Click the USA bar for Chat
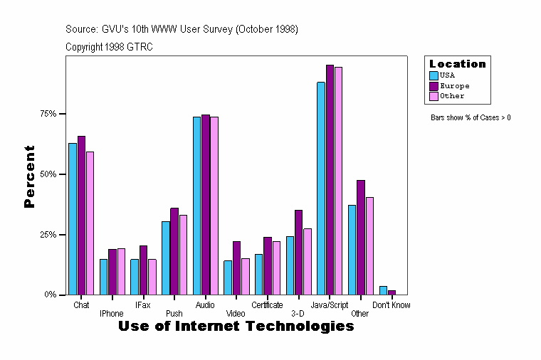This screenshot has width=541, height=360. click(x=73, y=218)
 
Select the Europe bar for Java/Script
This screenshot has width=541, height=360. click(x=330, y=179)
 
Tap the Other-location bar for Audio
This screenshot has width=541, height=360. click(x=214, y=206)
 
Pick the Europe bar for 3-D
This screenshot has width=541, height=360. click(x=298, y=252)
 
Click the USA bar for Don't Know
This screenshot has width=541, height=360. click(x=383, y=290)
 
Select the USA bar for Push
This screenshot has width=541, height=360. click(x=166, y=258)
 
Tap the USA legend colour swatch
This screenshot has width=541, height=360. click(x=434, y=75)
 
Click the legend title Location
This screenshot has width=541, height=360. click(x=457, y=64)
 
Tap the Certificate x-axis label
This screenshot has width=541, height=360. click(x=267, y=305)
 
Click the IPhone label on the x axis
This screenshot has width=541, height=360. click(x=112, y=313)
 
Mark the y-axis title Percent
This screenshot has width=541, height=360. click(x=29, y=176)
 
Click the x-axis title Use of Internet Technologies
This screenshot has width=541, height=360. click(x=236, y=327)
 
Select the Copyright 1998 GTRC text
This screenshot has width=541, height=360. click(x=109, y=47)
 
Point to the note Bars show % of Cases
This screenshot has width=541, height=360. click(x=471, y=117)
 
